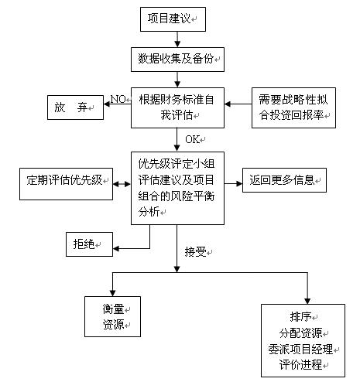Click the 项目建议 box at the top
173,19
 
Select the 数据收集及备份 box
177,60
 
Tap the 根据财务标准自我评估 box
177,107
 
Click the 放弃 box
75,107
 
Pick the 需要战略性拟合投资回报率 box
293,107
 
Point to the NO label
118,99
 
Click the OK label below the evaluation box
192,139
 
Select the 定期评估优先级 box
66,184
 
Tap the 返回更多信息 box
284,180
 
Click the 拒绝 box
89,244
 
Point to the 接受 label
195,252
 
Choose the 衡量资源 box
112,316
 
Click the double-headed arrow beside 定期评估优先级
122,184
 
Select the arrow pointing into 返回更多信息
233,184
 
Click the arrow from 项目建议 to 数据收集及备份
177,39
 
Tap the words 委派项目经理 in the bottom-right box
300,350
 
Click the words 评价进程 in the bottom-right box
300,365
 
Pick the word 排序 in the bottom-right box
300,317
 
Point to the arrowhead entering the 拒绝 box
116,248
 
